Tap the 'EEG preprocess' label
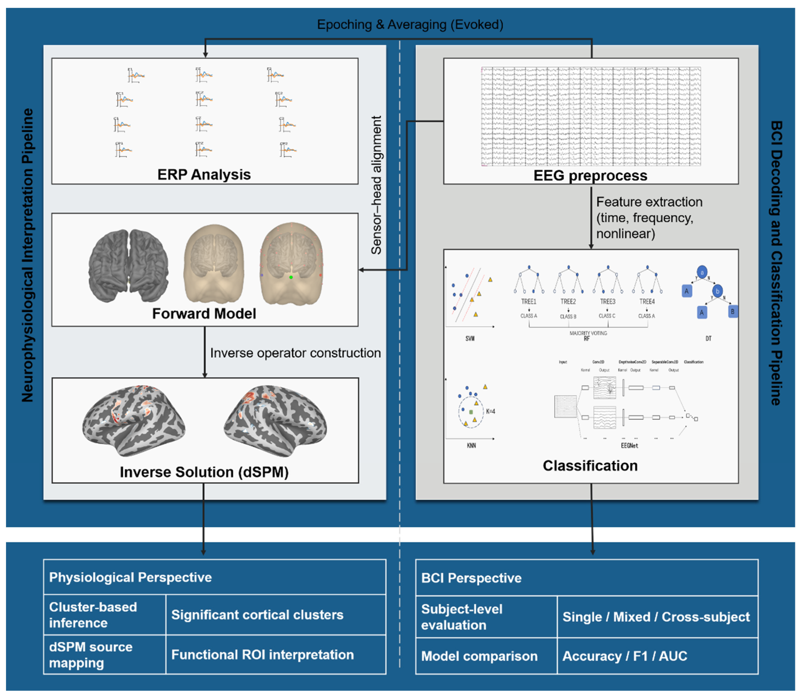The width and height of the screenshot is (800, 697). (x=590, y=175)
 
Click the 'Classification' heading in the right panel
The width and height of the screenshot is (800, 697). (x=590, y=466)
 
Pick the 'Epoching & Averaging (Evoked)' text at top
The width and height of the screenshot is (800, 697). (x=410, y=24)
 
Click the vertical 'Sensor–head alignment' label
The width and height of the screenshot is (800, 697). (x=376, y=185)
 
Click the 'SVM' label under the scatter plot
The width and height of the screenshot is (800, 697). (x=470, y=338)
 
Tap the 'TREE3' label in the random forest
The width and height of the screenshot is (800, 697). (x=607, y=301)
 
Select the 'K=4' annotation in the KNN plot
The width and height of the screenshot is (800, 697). (x=490, y=411)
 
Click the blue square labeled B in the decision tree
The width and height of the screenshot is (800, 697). (x=733, y=312)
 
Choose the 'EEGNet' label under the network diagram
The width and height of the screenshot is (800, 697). (x=629, y=445)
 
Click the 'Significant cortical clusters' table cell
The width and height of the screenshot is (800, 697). (x=257, y=615)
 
